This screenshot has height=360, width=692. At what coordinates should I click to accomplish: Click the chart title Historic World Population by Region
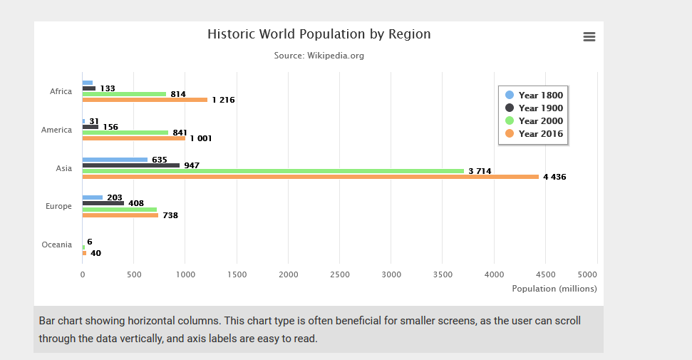(x=319, y=34)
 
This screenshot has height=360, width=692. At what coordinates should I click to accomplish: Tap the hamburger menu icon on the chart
(x=589, y=37)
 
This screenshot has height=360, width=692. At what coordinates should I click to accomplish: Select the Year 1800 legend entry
(x=534, y=96)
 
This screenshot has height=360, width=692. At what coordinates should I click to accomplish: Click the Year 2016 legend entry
(x=534, y=134)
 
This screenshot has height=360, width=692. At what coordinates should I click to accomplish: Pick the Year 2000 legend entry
(x=534, y=121)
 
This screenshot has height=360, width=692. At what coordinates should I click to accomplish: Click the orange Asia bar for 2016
(x=310, y=177)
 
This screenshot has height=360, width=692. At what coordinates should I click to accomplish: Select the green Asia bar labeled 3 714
(x=273, y=171)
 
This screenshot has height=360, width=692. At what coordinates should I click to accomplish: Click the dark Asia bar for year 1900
(x=131, y=165)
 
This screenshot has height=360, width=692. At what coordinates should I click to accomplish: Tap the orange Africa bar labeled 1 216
(x=145, y=100)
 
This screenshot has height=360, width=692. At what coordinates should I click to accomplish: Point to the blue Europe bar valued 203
(x=93, y=197)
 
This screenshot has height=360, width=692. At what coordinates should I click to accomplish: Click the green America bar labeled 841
(x=125, y=133)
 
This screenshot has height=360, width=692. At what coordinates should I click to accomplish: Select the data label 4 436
(x=554, y=178)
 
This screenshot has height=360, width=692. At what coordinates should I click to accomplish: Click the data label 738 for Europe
(x=170, y=215)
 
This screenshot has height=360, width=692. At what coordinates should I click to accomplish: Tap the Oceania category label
(x=57, y=245)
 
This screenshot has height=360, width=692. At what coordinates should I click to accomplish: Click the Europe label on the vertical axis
(x=59, y=206)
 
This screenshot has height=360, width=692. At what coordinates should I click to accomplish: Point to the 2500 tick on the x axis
(x=340, y=274)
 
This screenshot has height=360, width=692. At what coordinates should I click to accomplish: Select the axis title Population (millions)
(x=554, y=289)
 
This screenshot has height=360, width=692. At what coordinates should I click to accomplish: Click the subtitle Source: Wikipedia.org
(x=319, y=56)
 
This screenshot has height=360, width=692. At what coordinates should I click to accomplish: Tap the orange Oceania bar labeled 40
(x=84, y=253)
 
